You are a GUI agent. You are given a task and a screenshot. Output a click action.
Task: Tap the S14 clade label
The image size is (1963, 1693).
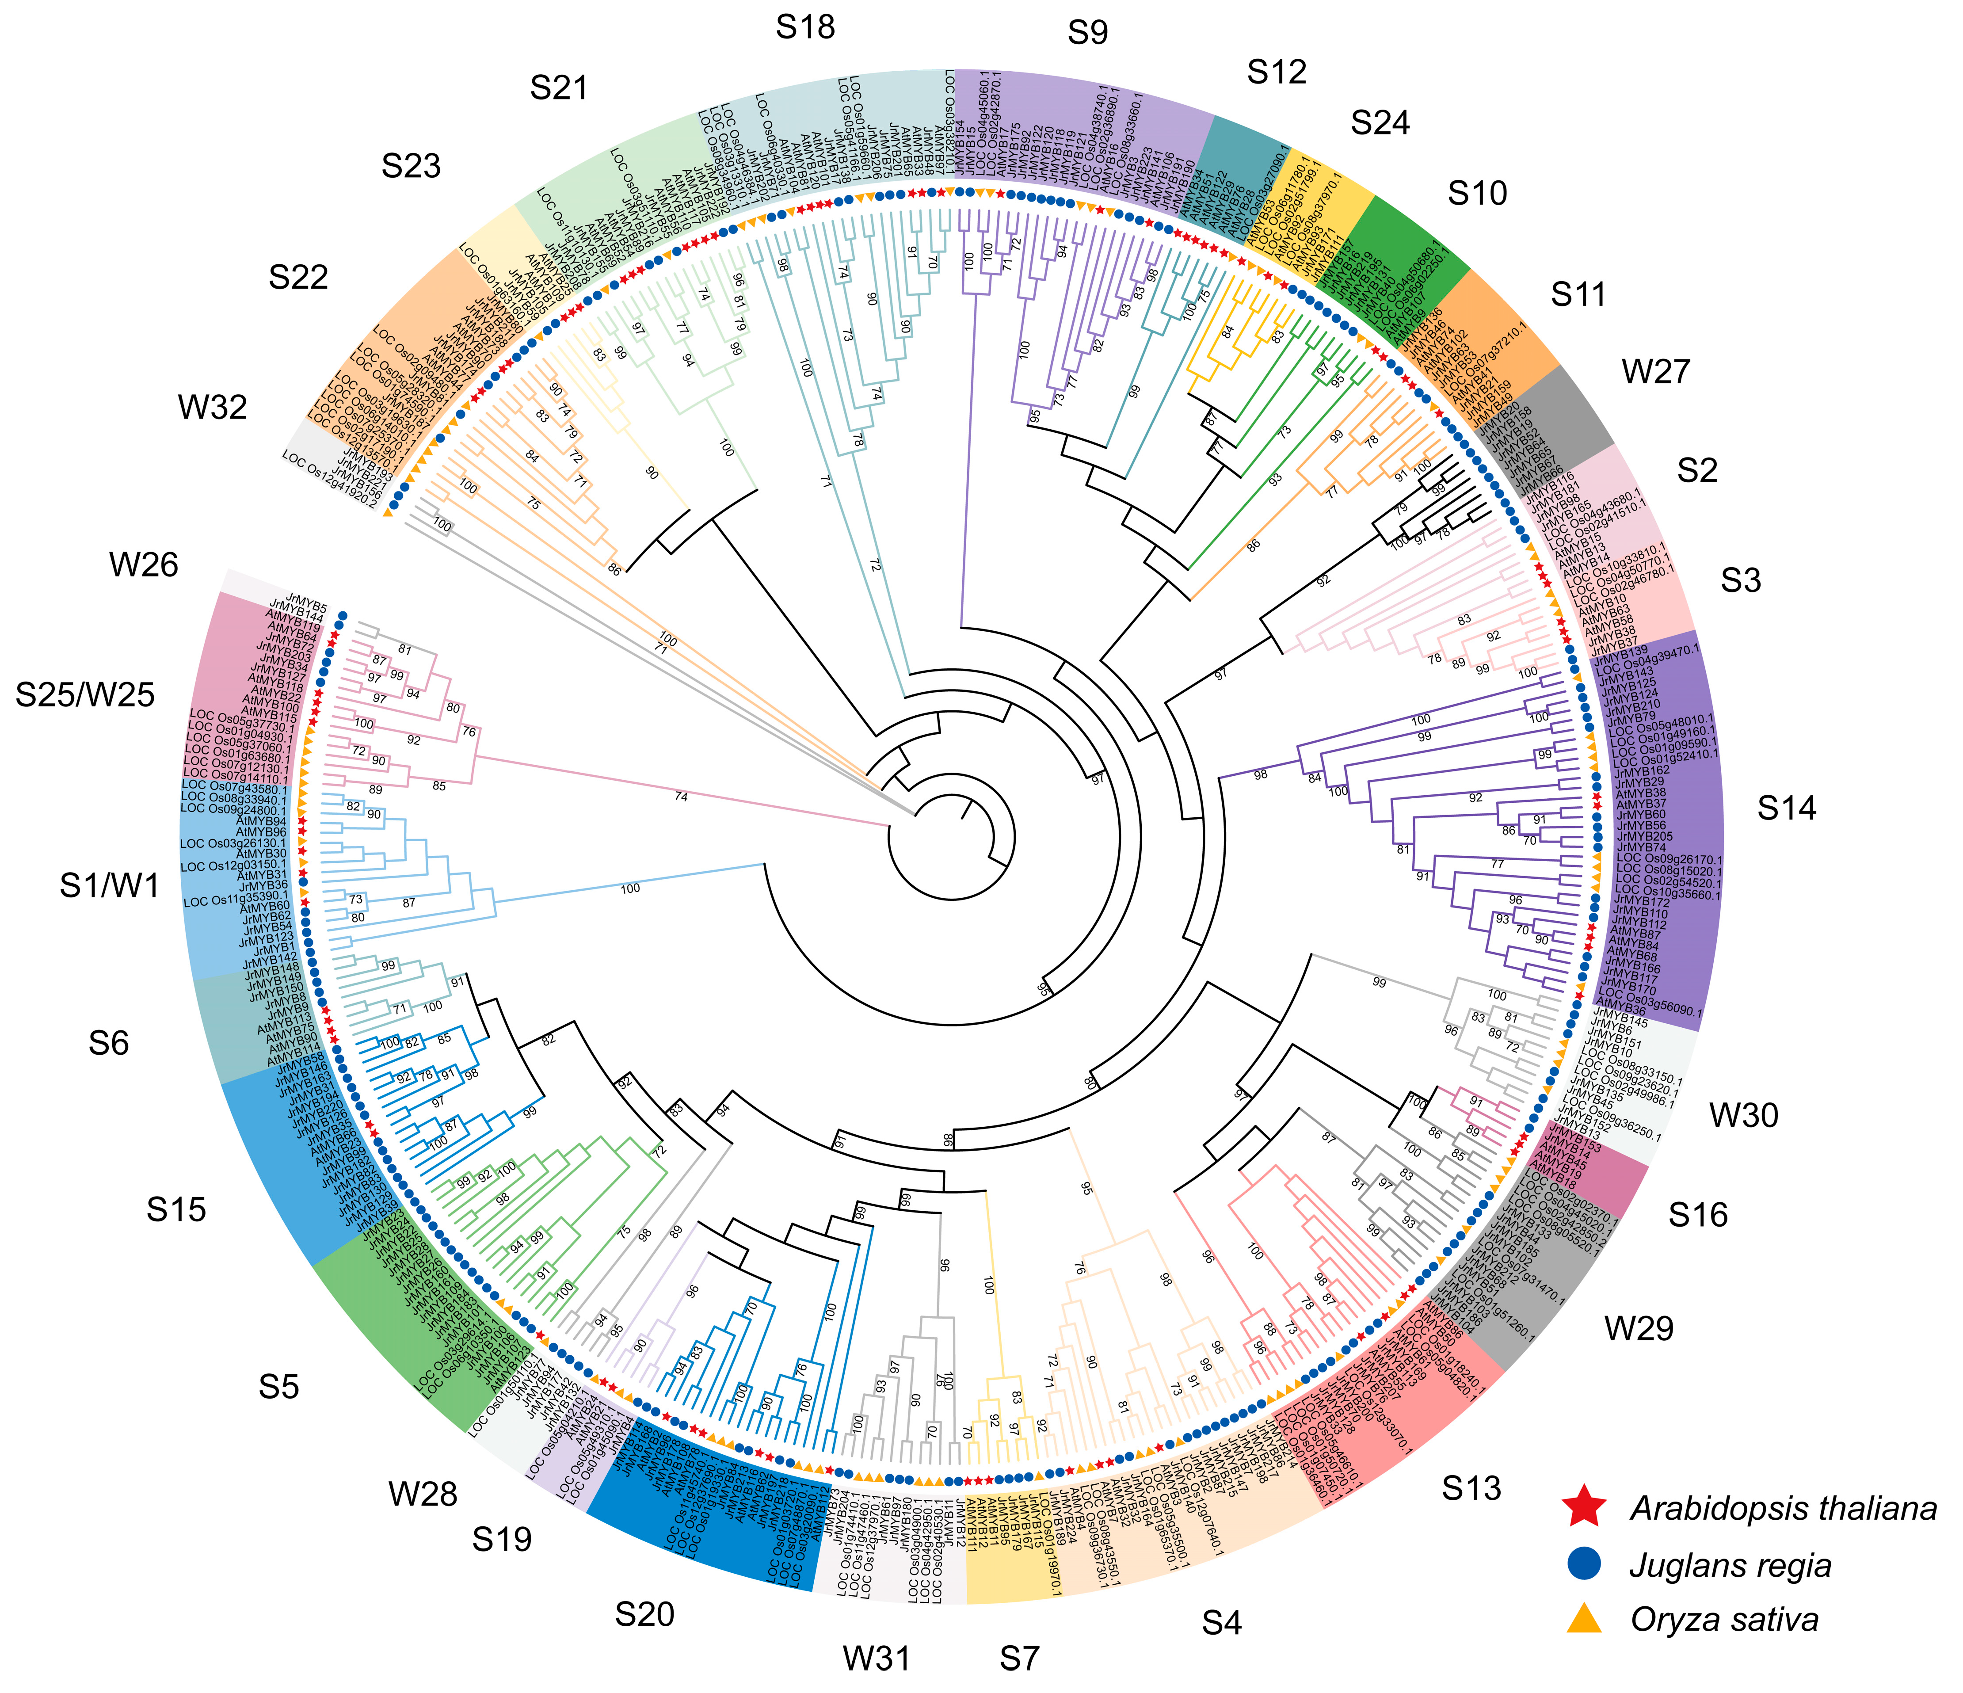point(1786,808)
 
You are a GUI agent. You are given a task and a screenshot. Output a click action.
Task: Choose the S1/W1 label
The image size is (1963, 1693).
point(110,886)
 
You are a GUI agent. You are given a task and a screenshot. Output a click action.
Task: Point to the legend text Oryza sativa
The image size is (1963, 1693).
point(1724,1620)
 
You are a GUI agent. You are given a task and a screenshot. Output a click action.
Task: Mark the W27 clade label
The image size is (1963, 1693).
point(1656,371)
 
